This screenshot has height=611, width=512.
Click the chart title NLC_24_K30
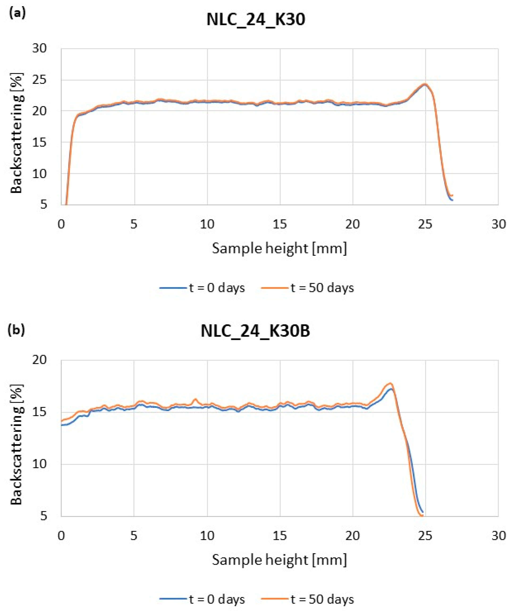(x=256, y=20)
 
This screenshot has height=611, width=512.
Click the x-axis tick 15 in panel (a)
(x=280, y=224)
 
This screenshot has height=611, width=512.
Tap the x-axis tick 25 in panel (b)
(x=425, y=536)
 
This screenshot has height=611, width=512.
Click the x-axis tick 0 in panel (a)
(x=61, y=224)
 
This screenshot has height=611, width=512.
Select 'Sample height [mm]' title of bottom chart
(x=279, y=560)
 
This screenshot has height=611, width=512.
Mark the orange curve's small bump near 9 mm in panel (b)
(x=195, y=399)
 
